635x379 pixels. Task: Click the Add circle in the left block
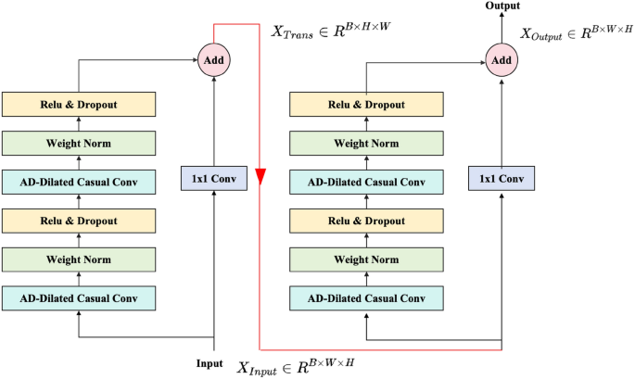(x=214, y=61)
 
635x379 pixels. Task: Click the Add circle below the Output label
(x=502, y=61)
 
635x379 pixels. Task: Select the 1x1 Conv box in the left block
(x=214, y=177)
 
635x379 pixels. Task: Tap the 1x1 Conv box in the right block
(x=502, y=177)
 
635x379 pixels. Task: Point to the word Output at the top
(x=502, y=7)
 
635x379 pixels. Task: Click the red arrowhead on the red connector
(x=262, y=177)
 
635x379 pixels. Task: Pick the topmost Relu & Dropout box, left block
(x=79, y=104)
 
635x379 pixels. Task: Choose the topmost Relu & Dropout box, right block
(x=366, y=104)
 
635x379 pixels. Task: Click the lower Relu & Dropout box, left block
(x=79, y=221)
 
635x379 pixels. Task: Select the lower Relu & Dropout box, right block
(x=366, y=221)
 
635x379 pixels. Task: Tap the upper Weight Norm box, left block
(x=79, y=143)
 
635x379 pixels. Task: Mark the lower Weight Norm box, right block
(x=366, y=259)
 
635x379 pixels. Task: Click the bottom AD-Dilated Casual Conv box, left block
(x=79, y=298)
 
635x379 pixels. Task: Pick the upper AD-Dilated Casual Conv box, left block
(x=79, y=182)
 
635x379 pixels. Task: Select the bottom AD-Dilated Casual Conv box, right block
(x=366, y=298)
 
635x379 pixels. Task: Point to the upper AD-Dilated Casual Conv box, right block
(x=366, y=182)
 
